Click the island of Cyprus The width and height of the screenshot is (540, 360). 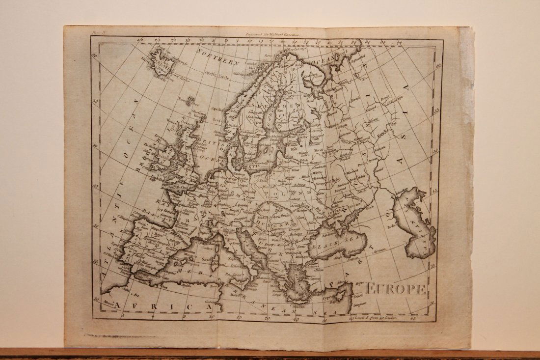(339, 296)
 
